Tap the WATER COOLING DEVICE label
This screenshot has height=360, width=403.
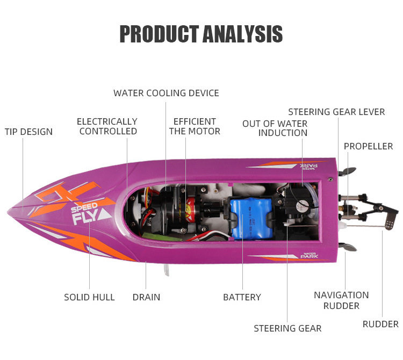click(x=166, y=93)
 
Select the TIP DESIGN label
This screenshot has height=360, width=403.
click(x=28, y=132)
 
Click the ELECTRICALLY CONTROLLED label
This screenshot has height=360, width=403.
click(x=107, y=126)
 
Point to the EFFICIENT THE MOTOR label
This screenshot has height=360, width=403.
click(x=195, y=126)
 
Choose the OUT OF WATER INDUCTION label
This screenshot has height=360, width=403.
click(x=275, y=128)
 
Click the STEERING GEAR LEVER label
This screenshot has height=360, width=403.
click(x=336, y=112)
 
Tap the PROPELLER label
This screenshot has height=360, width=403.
click(x=368, y=146)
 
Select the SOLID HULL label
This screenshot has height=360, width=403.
click(x=89, y=297)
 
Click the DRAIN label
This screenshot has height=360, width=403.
click(x=146, y=297)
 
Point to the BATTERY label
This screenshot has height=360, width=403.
click(x=242, y=297)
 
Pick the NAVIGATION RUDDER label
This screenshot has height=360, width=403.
click(x=341, y=300)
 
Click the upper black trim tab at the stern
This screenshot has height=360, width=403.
click(x=348, y=171)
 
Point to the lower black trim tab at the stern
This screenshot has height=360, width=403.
click(x=348, y=248)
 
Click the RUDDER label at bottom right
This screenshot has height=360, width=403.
click(x=380, y=324)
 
